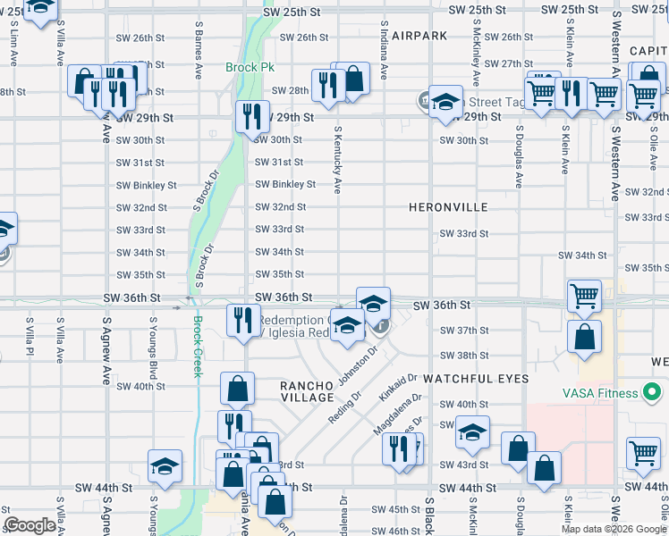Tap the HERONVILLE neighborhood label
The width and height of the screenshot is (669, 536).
448,207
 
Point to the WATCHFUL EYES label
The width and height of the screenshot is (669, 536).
476,379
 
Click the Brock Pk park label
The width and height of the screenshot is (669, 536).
250,68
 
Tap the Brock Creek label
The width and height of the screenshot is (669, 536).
198,347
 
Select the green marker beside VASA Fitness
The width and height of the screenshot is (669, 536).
656,392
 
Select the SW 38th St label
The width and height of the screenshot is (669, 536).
463,355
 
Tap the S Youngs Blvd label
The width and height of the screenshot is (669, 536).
153,345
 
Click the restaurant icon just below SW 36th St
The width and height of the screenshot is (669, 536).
242,321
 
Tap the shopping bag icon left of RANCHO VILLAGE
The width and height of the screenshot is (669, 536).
237,389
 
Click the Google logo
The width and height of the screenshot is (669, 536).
30,526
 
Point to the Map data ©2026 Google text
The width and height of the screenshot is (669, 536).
613,529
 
